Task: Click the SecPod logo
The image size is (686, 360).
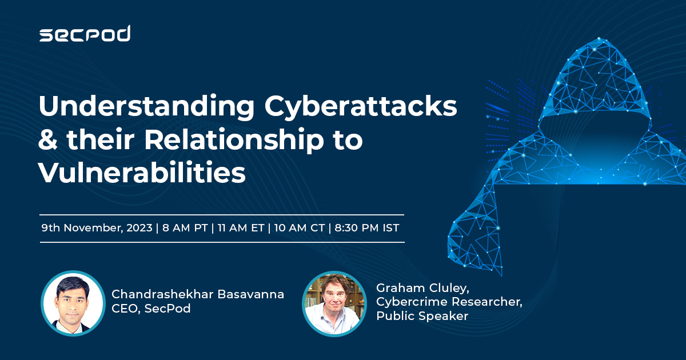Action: pos(85,33)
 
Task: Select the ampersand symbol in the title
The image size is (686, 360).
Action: pos(48,139)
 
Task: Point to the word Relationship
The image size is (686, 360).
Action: pos(234,141)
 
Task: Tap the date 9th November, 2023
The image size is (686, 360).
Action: pos(97,228)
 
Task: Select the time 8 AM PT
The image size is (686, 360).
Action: pos(185,228)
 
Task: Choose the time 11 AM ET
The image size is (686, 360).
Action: pos(241,228)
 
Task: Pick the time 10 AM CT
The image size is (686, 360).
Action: pos(299,228)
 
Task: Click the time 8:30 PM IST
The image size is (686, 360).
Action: pos(367,228)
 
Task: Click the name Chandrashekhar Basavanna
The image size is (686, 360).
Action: pos(198,294)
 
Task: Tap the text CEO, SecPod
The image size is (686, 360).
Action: pos(151,308)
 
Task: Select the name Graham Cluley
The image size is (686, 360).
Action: pos(422,288)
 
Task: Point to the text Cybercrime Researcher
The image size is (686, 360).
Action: pos(449,302)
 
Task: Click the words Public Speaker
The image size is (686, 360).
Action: pos(422,316)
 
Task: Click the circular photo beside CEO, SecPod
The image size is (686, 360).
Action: pos(73,303)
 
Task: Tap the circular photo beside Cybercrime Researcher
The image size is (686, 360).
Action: pos(334,303)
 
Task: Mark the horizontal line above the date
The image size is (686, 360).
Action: pos(222,215)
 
